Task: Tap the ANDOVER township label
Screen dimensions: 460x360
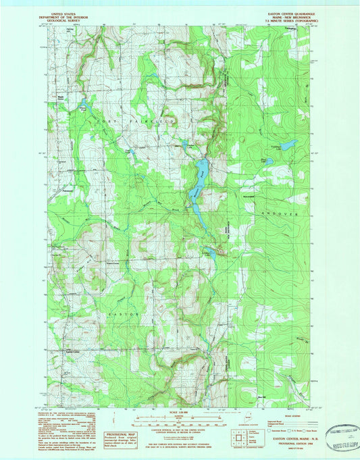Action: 284,214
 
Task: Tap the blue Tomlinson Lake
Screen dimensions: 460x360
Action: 288,145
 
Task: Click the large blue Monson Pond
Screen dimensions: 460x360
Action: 200,170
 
